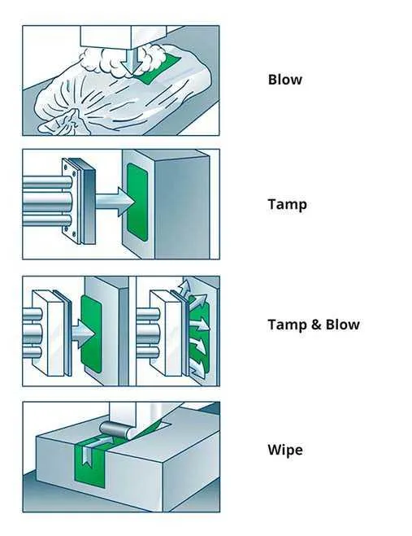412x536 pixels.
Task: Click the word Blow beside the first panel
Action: [285, 80]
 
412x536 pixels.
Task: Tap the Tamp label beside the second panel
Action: [287, 204]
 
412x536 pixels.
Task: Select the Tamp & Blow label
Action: [314, 325]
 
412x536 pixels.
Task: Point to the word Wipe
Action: [285, 450]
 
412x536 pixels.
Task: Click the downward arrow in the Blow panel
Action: [131, 61]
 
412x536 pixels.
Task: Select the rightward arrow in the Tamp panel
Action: [114, 202]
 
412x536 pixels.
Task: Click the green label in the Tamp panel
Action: [137, 202]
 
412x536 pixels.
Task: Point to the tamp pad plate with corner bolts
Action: [79, 201]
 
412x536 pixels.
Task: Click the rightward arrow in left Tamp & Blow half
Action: [81, 333]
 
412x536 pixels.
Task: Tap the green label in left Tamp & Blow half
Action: [91, 333]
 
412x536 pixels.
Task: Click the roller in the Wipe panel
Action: [115, 429]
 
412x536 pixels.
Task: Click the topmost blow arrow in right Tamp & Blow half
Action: [184, 286]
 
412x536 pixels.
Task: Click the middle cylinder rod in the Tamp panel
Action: [47, 202]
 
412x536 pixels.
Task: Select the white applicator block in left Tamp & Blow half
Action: [48, 333]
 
